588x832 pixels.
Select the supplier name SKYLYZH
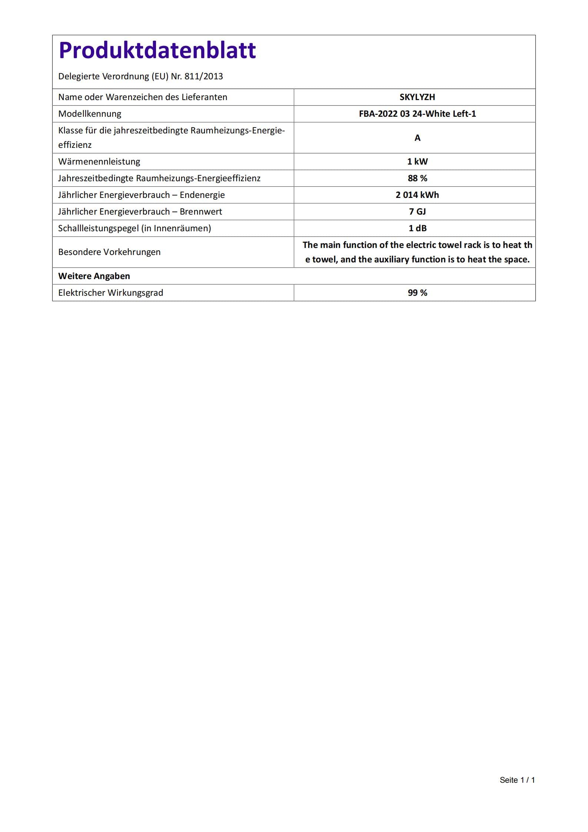[417, 97]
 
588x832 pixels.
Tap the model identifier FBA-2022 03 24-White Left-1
[417, 114]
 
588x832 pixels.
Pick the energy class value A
[417, 138]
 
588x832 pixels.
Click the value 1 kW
[417, 162]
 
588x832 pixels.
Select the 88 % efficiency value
[417, 178]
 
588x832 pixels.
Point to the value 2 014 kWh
[417, 195]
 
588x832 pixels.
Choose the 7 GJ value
[417, 212]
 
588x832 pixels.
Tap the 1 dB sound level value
[417, 228]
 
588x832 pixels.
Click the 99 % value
[417, 293]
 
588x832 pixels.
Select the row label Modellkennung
[90, 114]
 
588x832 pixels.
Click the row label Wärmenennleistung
[99, 162]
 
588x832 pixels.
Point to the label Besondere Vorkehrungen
[109, 252]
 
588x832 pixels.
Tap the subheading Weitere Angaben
[94, 276]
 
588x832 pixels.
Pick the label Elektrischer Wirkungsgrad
[110, 293]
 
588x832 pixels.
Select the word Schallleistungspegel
[98, 228]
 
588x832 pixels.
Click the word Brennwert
[201, 212]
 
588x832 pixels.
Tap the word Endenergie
[202, 195]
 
